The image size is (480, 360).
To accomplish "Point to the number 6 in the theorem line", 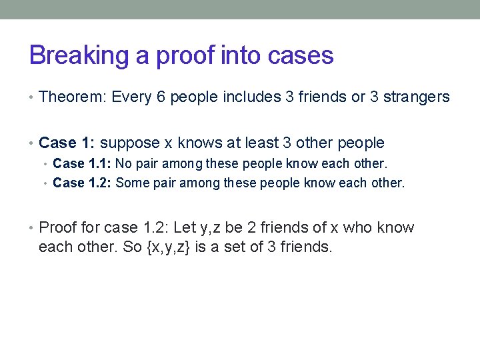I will click(161, 97).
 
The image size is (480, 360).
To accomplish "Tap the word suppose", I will click(129, 143).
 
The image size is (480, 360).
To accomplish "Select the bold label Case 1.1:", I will click(82, 163).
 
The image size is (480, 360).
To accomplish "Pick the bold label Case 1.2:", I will click(82, 183).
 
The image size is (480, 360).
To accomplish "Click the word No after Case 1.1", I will click(124, 163).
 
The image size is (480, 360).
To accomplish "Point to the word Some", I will click(131, 183).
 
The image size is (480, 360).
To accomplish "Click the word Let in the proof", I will click(184, 228).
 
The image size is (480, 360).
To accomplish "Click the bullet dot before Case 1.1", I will click(46, 164).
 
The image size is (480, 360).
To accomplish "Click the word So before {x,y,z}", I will click(131, 247).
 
